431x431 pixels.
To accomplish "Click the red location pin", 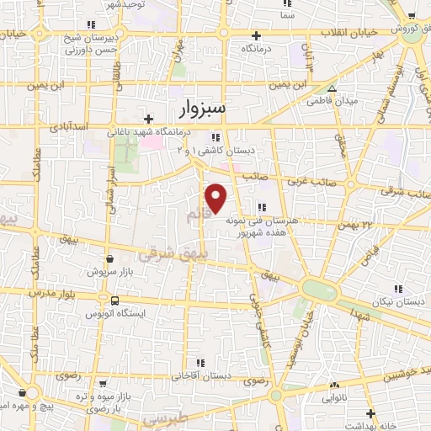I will (217, 197).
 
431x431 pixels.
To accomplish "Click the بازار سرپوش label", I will (108, 274).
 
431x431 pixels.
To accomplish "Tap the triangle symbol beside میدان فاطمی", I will (332, 88).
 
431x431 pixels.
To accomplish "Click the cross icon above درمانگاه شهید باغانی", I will (149, 119).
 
